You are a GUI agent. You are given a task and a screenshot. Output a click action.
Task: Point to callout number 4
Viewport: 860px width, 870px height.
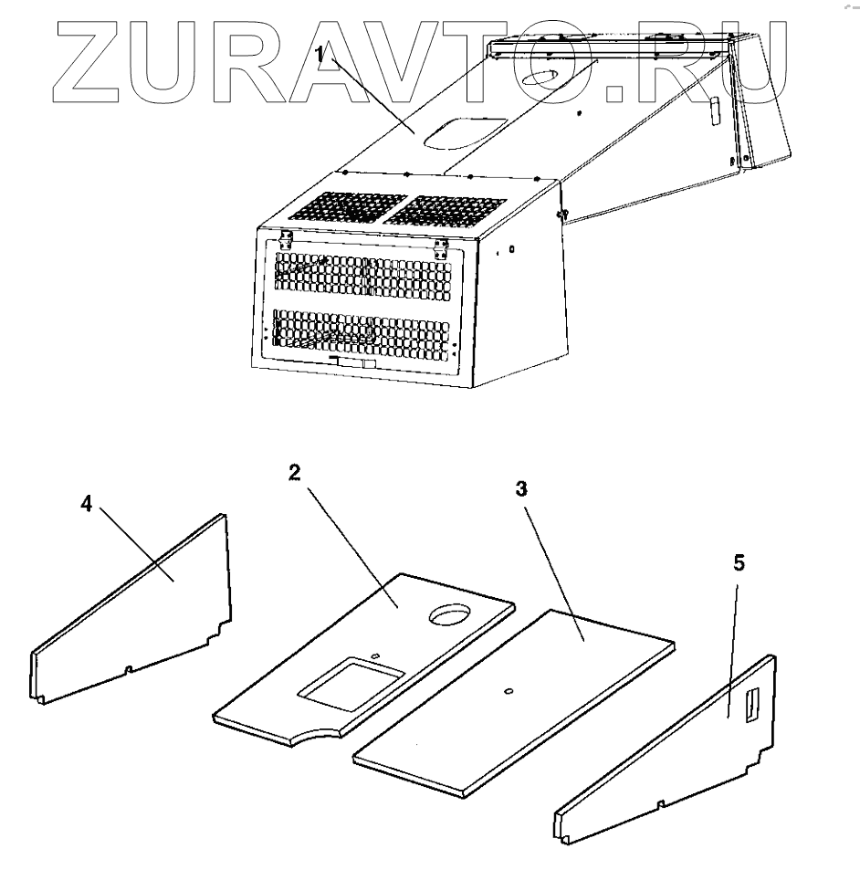(86, 505)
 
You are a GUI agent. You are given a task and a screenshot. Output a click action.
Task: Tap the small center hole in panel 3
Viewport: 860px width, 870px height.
(509, 691)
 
